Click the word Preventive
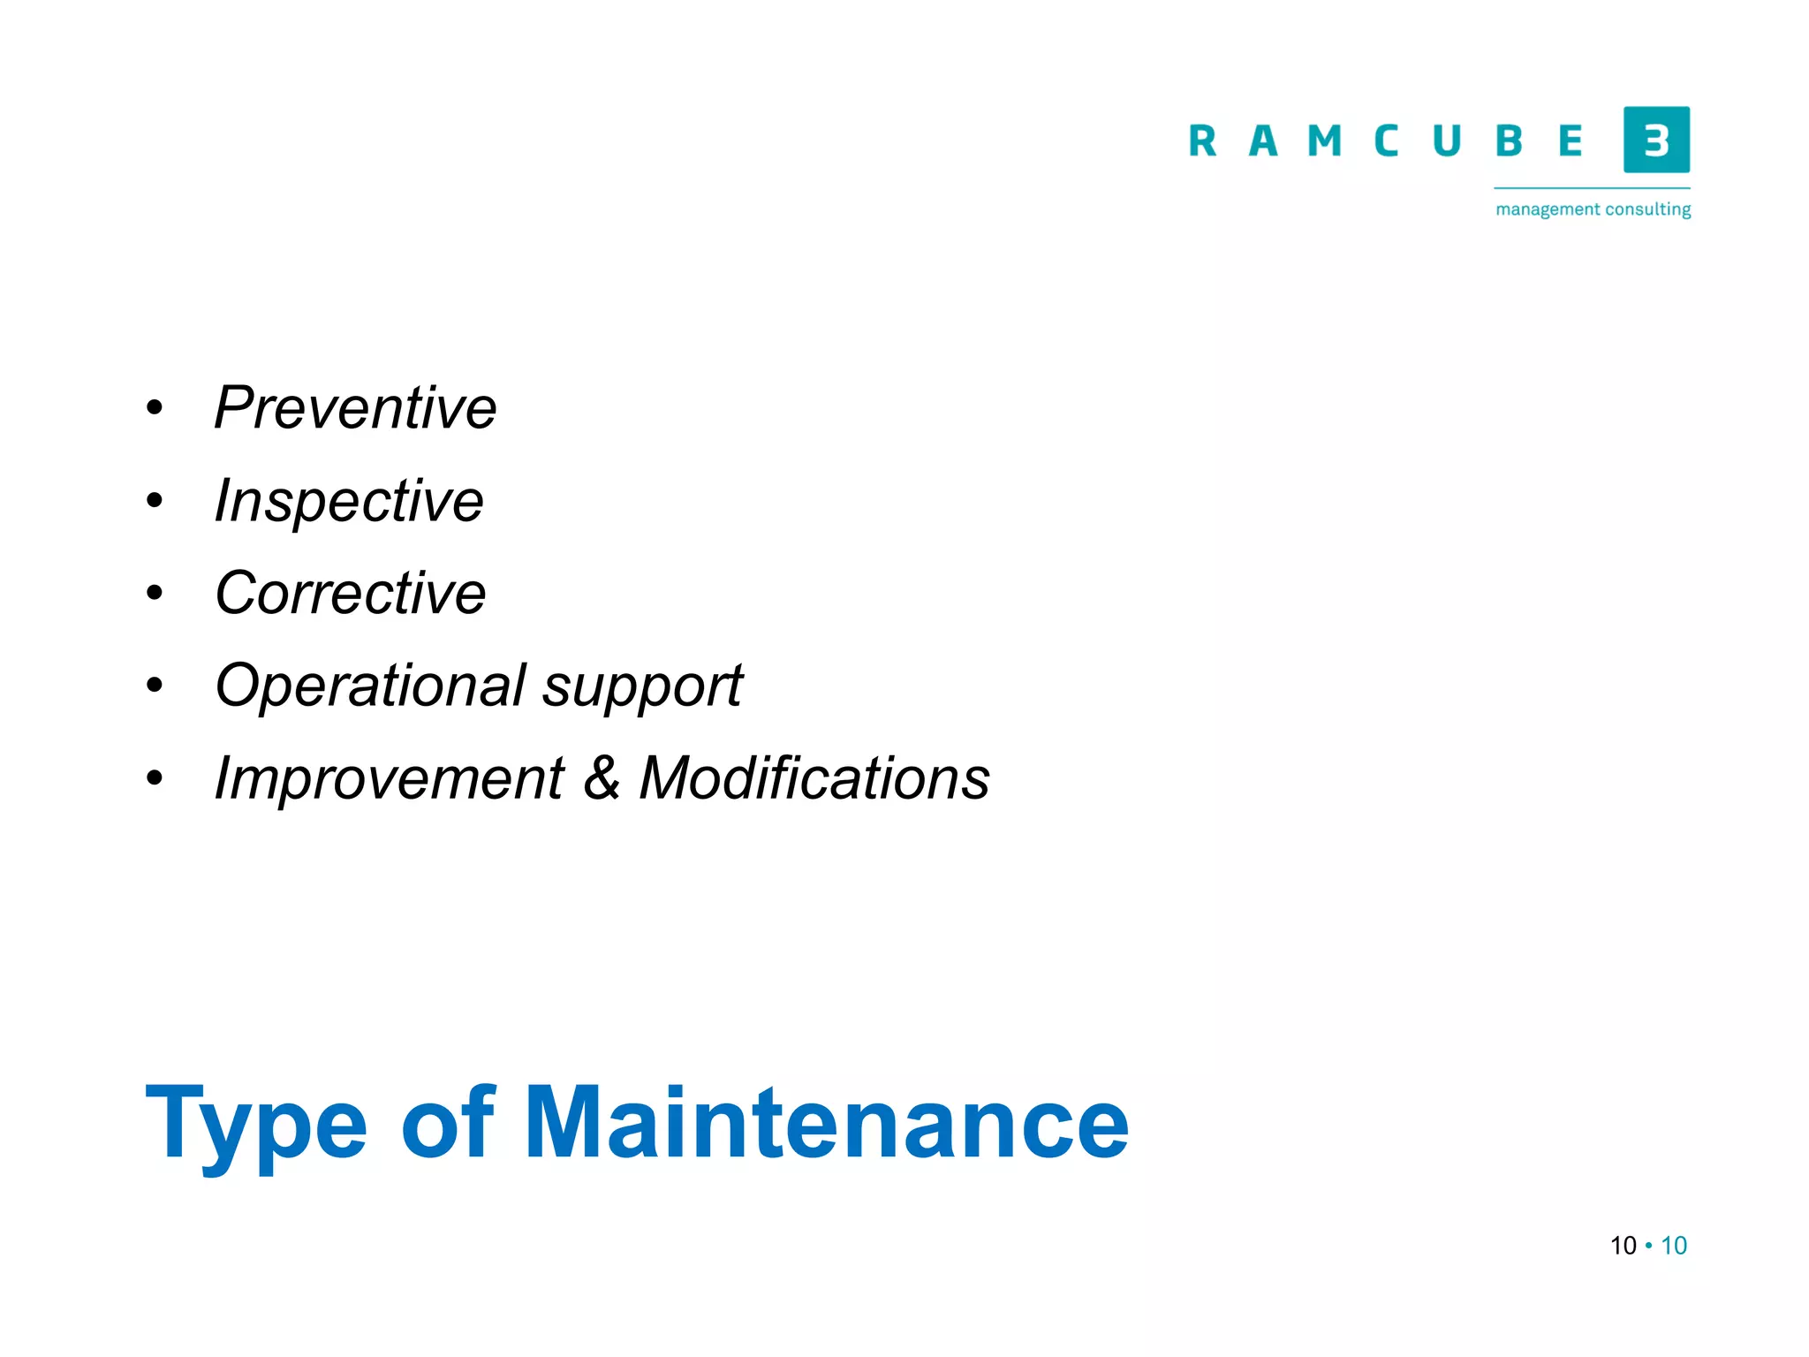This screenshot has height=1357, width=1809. tap(355, 408)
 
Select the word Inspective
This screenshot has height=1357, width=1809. tap(349, 501)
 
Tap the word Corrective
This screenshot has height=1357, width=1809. tap(350, 593)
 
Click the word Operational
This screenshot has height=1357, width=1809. tap(371, 686)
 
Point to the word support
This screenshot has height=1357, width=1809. tap(642, 687)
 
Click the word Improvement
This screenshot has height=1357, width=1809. tap(389, 778)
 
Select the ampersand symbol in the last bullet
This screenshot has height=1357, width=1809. tap(602, 778)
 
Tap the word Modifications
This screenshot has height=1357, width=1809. tap(814, 778)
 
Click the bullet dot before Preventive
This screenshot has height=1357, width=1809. tap(155, 408)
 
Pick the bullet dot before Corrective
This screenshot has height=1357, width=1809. tap(155, 593)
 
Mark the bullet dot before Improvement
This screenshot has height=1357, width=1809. tap(155, 778)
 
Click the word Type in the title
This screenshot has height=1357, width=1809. tap(255, 1124)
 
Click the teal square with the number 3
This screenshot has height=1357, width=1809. tap(1656, 140)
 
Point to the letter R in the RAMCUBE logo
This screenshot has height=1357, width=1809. tap(1202, 141)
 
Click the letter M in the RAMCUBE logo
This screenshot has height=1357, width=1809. tap(1324, 141)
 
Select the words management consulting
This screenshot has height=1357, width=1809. tap(1593, 209)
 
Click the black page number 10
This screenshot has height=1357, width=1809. tap(1624, 1246)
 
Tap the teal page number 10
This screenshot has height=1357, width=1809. tap(1674, 1246)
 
